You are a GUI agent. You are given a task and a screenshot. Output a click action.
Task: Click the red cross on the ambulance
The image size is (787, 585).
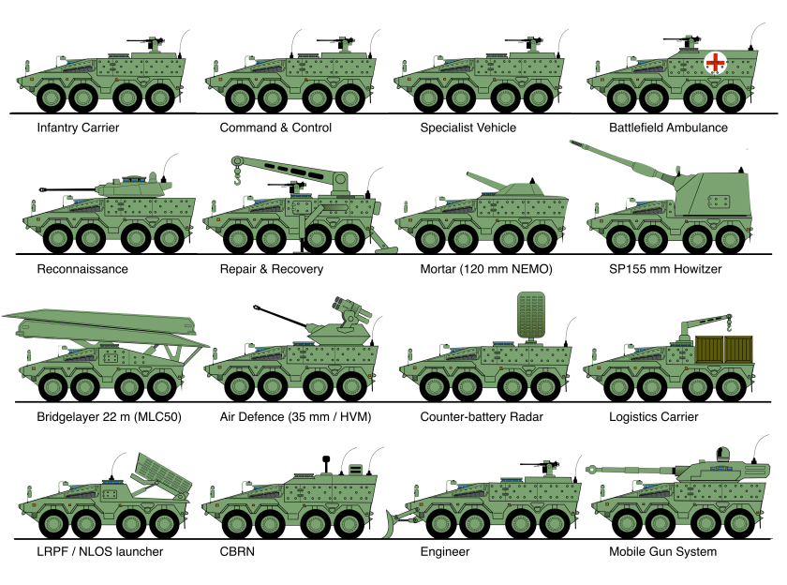tap(716, 63)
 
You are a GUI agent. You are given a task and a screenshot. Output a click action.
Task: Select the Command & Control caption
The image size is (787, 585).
tap(275, 127)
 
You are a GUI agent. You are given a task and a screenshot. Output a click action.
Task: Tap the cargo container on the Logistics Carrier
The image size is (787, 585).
tap(726, 348)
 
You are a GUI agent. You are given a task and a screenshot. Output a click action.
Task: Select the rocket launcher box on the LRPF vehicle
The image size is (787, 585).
tap(163, 473)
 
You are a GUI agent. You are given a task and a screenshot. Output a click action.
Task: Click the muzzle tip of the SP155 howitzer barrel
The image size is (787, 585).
tap(573, 142)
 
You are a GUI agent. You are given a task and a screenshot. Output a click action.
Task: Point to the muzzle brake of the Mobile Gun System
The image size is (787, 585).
tap(593, 467)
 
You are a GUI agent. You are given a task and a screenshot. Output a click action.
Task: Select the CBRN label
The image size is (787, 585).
tap(237, 552)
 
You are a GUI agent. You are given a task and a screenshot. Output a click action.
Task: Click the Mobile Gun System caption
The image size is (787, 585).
tap(662, 552)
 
